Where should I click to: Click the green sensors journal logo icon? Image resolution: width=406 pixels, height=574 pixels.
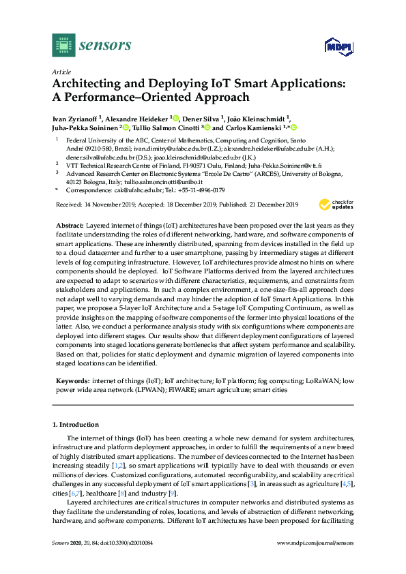pos(62,46)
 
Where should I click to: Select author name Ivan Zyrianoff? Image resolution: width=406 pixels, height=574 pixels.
pos(75,117)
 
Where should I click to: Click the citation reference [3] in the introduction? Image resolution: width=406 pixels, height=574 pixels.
pos(252,483)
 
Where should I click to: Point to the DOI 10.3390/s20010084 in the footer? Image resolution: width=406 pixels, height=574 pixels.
pos(127,561)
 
